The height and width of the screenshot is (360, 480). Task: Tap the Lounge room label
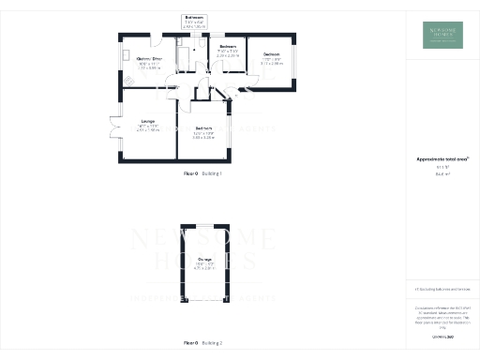[148, 122]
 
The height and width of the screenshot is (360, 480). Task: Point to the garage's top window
[203, 225]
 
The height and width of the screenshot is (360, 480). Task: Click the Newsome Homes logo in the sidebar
[442, 35]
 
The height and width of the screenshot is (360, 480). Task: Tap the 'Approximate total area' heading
[442, 159]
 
